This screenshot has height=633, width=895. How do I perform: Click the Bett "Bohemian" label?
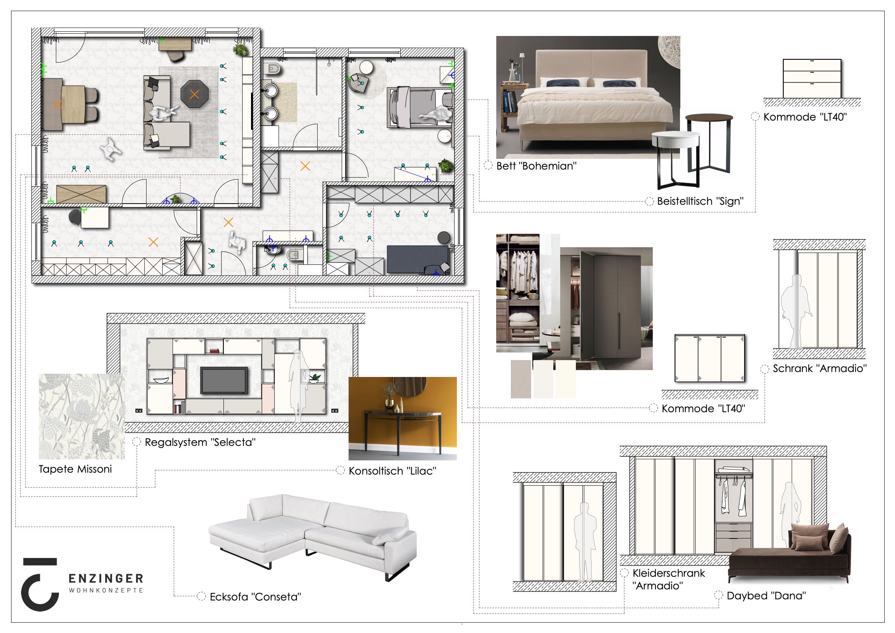[536, 166]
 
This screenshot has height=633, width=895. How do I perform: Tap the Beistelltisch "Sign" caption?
[700, 202]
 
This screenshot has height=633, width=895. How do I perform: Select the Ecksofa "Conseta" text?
[255, 597]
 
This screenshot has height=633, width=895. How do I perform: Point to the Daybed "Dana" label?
[766, 595]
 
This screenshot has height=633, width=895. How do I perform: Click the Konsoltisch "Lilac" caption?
[393, 471]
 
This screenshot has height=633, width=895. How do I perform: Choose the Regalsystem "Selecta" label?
[201, 442]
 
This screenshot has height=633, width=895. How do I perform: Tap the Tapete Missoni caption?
[75, 469]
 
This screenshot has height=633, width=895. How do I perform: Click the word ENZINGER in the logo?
[106, 578]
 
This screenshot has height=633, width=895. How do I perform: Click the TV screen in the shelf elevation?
[224, 380]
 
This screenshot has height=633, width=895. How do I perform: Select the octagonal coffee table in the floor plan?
[194, 94]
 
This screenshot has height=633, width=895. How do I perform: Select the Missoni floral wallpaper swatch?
[82, 416]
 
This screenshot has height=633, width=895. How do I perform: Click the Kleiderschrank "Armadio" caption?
[669, 579]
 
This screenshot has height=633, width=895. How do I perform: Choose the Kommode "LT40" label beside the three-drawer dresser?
[805, 117]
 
